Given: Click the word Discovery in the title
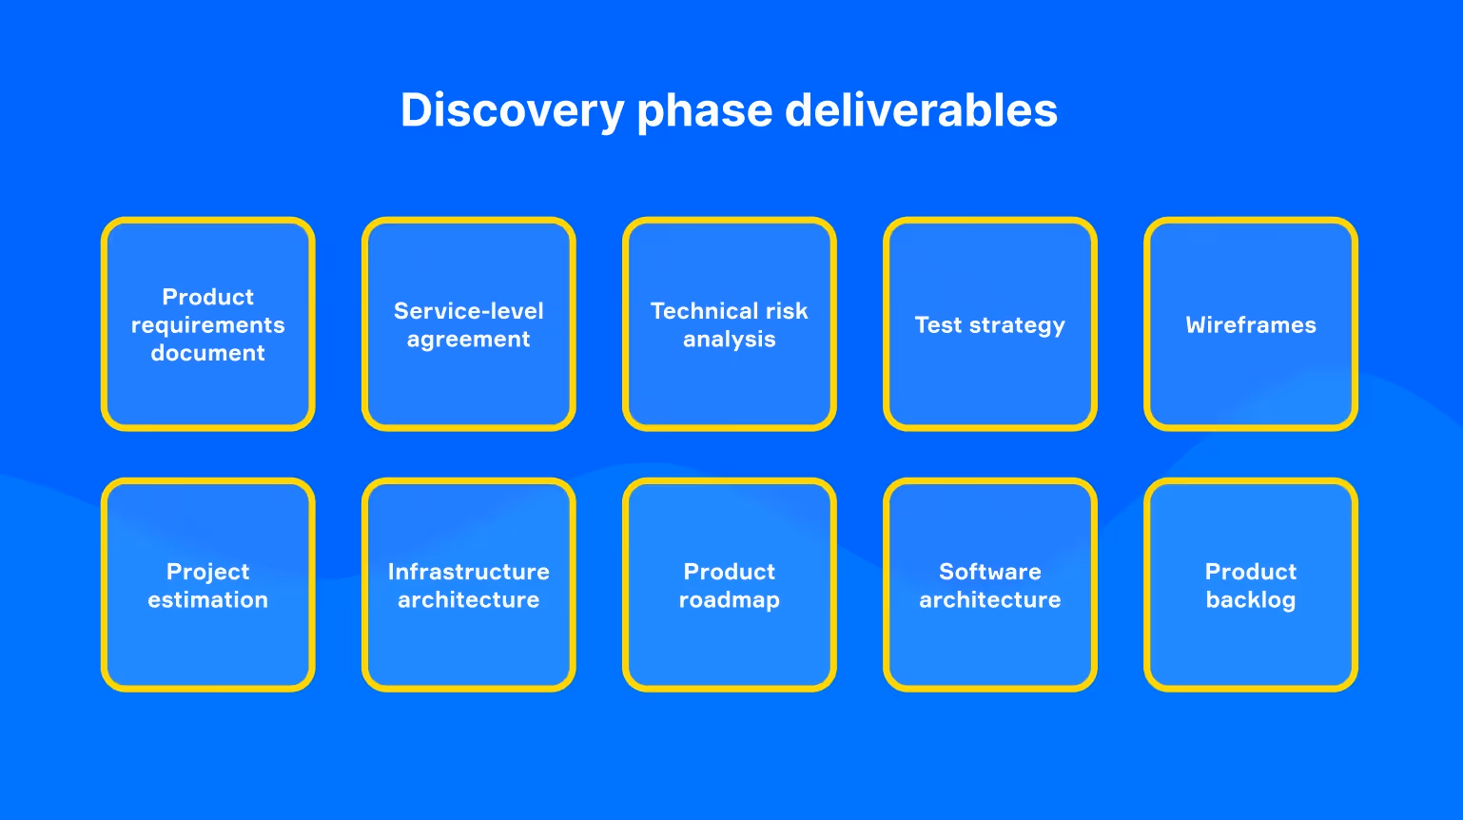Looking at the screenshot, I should pyautogui.click(x=511, y=110).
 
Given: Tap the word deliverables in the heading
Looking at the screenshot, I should pyautogui.click(x=921, y=110).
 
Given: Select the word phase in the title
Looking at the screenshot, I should pyautogui.click(x=704, y=112).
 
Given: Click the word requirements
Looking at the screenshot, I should pyautogui.click(x=208, y=325).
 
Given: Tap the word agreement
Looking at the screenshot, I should pyautogui.click(x=469, y=340).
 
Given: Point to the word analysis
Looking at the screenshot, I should pyautogui.click(x=730, y=340).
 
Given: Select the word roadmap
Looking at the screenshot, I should pyautogui.click(x=730, y=600).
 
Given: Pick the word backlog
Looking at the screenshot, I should pyautogui.click(x=1251, y=600).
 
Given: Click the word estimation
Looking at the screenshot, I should pyautogui.click(x=208, y=600).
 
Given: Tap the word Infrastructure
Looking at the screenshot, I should pyautogui.click(x=469, y=572).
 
